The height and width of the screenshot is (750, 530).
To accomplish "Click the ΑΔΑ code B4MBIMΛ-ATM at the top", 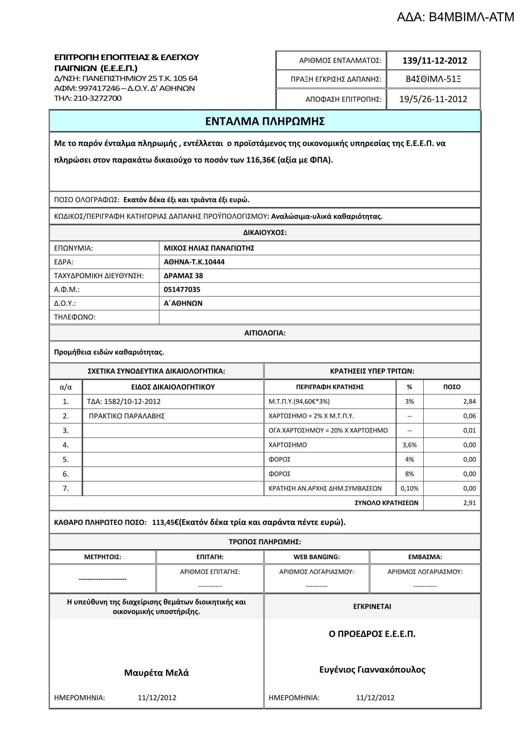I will pos(455,17).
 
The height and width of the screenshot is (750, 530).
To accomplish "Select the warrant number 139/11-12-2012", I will pos(434,61).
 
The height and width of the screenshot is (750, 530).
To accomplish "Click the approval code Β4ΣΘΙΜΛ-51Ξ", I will pos(434,79).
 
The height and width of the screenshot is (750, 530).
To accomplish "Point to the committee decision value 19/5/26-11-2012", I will pos(433,99).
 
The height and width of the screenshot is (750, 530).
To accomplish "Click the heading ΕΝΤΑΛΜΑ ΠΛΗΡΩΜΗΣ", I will pos(265,121).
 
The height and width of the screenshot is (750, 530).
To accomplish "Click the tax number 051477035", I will pos(182,289).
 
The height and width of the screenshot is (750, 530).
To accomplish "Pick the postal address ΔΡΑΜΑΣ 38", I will pos(183,276).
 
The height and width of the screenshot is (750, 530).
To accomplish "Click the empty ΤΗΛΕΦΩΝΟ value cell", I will pos(319,317).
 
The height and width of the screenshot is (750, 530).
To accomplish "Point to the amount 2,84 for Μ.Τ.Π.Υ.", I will pos(469,402).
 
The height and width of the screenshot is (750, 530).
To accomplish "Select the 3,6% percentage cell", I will pos(410,445).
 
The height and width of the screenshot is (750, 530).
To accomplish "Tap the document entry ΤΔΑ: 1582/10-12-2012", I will pos(124,402).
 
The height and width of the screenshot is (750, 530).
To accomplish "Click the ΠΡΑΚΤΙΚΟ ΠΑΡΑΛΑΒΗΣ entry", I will pos(127,416).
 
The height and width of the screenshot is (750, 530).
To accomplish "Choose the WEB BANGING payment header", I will pos(317,557).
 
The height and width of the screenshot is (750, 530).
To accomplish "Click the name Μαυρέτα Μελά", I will pos(157,673).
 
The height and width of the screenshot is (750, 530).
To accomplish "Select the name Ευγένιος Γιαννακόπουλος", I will pos(372,670).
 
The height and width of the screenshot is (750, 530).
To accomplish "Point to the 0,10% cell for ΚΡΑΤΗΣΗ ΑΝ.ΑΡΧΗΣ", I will pos(410,488).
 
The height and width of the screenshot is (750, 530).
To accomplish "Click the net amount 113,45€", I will pos(165,522).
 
